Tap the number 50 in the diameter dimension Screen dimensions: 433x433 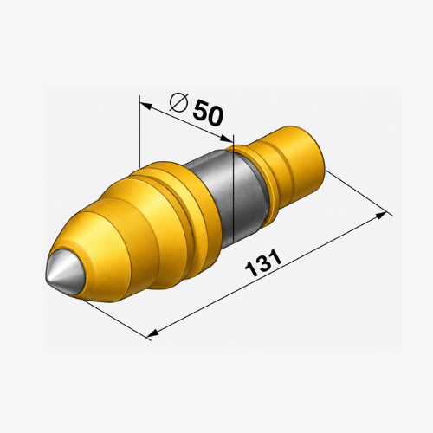[208, 113]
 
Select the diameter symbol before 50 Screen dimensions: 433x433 [178, 103]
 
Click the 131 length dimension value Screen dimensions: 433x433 [263, 263]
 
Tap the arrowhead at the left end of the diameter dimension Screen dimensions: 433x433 [145, 106]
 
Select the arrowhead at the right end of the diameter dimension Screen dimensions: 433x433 [226, 139]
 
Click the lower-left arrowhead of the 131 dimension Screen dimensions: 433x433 [153, 333]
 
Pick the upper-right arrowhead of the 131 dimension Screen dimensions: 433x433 [380, 215]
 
